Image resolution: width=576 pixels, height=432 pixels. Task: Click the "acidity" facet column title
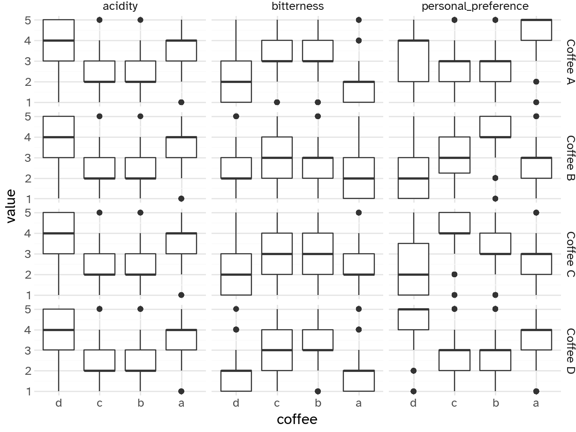(121, 6)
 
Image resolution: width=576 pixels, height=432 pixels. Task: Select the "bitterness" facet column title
(297, 6)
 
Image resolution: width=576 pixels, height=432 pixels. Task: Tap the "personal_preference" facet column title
(475, 6)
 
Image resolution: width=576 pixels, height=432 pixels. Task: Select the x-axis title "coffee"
(297, 419)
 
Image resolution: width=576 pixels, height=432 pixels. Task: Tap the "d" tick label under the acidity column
(59, 403)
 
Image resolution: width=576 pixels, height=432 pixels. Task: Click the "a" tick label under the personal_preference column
(536, 403)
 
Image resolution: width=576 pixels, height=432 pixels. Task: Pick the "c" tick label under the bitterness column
(277, 403)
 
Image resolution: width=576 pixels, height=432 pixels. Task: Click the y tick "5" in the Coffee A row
(27, 20)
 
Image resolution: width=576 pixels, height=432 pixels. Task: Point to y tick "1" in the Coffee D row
(27, 391)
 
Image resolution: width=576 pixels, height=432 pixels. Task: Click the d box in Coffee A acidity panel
(59, 40)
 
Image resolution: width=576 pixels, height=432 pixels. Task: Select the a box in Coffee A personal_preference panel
(536, 30)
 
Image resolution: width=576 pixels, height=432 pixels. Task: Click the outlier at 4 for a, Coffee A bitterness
(359, 41)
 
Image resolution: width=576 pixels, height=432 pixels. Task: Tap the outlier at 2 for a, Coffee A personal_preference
(536, 82)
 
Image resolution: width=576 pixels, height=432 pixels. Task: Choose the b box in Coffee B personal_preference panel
(495, 127)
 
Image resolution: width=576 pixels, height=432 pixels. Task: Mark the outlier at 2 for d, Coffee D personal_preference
(413, 371)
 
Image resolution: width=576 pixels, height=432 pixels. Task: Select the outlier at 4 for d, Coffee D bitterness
(236, 330)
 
